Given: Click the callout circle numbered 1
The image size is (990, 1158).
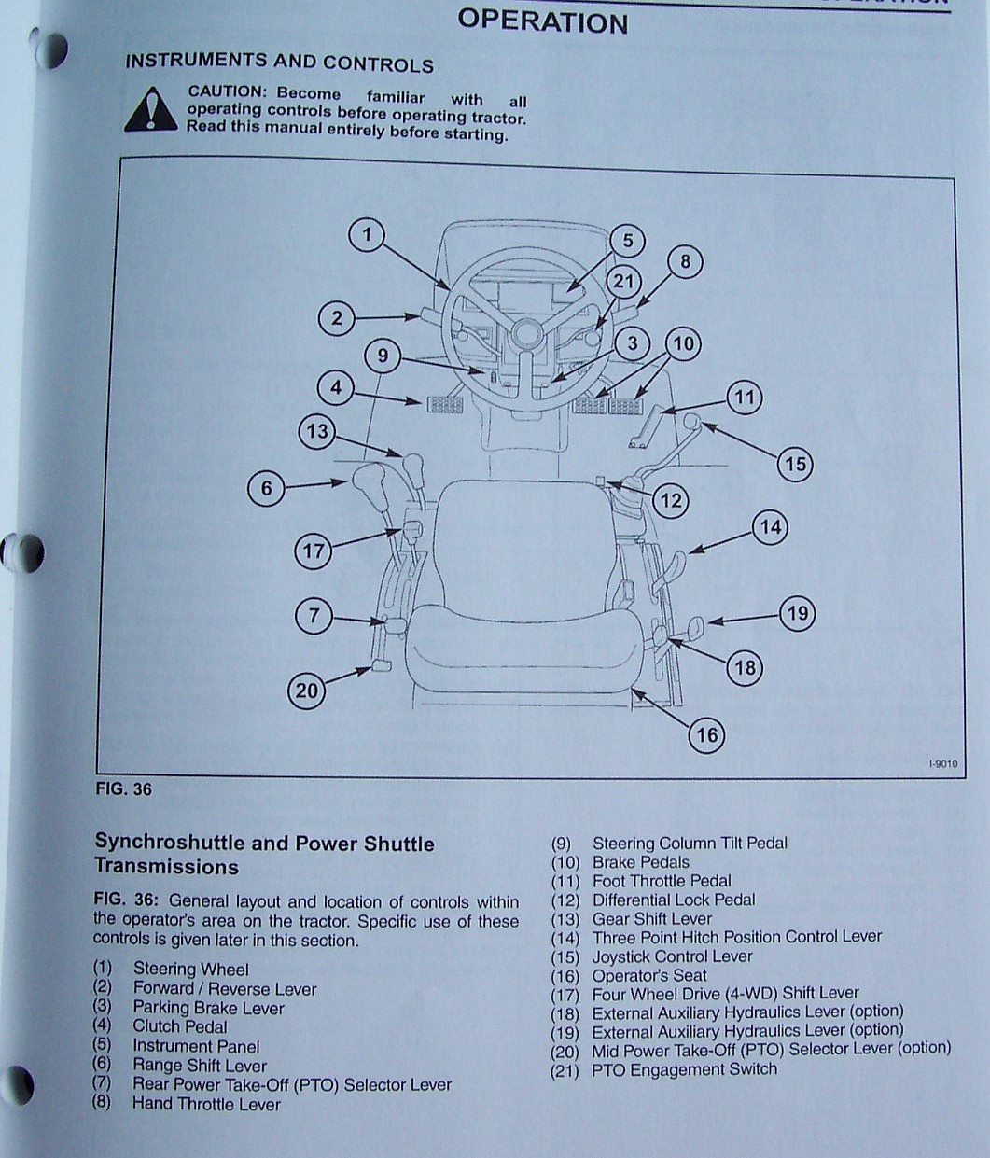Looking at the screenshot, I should coord(367,233).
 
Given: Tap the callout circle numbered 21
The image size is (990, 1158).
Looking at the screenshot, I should coord(622,282).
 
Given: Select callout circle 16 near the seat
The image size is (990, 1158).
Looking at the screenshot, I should coord(706,735).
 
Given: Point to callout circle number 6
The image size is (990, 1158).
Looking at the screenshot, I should coord(266,488).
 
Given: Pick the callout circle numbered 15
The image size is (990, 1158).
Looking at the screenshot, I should coord(795,464).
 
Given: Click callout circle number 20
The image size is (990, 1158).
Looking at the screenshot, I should coord(307,691).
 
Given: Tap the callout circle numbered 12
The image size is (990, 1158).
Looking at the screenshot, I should coord(671,500).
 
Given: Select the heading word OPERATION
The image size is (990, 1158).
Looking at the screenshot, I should coord(542,21).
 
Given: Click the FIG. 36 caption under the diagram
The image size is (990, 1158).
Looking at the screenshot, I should coord(123,789).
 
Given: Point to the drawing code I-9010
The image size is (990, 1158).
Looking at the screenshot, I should coord(942,764).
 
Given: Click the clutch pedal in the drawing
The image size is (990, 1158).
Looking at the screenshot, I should coord(444,404).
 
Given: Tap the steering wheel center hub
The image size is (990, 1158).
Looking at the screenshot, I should coord(525,333).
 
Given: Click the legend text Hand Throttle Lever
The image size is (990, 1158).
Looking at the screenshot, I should coord(206,1104).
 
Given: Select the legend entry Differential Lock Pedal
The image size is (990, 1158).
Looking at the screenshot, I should coord(674,900).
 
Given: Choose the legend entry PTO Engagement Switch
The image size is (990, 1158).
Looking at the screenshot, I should coord(684,1069).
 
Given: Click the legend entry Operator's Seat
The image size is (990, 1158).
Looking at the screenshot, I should coord(649,975).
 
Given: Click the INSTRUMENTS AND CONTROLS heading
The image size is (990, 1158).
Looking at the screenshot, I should coord(279,63).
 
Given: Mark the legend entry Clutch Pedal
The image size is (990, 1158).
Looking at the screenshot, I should coord(179,1026).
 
